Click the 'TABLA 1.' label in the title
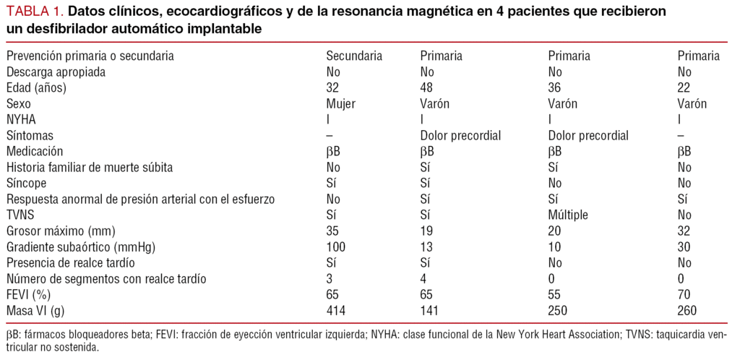[x=34, y=12]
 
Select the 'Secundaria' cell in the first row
[x=354, y=56]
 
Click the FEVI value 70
[x=684, y=294]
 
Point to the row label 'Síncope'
[x=27, y=183]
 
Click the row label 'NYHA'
[x=22, y=119]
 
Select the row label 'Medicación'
[x=34, y=151]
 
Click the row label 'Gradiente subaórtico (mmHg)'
[x=81, y=247]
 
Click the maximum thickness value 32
[x=684, y=231]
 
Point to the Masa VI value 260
[x=687, y=310]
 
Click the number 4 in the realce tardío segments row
[x=423, y=278]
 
